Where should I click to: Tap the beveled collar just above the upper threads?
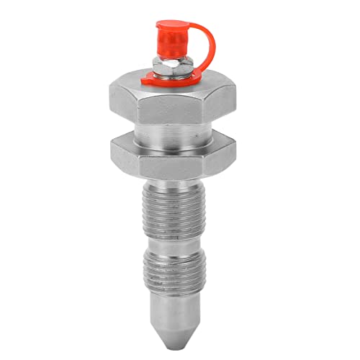pyautogui.click(x=177, y=180)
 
